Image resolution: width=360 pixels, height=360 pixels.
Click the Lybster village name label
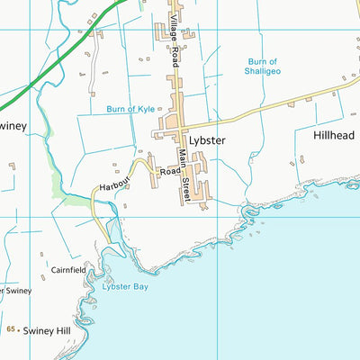[206, 141]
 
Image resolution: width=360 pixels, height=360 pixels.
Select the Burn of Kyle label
[130, 109]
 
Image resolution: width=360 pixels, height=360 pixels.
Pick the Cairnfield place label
[68, 269]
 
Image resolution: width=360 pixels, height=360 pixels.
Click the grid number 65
[11, 330]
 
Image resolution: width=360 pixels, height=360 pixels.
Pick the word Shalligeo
[263, 73]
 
